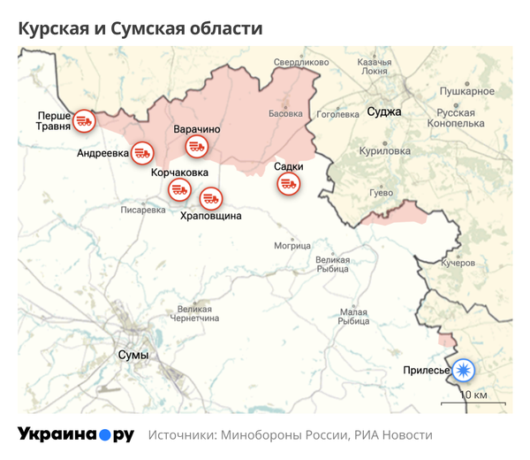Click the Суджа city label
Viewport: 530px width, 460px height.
click(383, 112)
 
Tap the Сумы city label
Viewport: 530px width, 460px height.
click(133, 354)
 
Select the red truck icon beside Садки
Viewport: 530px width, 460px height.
click(288, 184)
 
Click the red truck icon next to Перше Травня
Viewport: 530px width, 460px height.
click(83, 120)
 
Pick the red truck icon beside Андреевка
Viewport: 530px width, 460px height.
click(141, 152)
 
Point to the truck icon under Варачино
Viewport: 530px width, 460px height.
click(195, 147)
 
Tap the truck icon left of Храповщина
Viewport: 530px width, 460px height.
click(210, 198)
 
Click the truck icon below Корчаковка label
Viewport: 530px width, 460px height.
click(180, 189)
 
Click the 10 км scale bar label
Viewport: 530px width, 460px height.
click(474, 394)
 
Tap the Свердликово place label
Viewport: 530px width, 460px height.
click(301, 63)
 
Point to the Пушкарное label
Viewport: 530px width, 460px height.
click(466, 91)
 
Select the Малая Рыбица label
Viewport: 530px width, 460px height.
click(354, 317)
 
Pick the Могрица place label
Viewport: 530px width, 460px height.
click(292, 245)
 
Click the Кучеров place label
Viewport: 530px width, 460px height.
click(458, 263)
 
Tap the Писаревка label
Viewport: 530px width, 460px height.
click(143, 210)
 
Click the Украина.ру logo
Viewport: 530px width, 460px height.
click(76, 434)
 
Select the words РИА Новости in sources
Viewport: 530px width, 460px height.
click(393, 435)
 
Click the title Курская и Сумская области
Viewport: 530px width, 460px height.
click(140, 27)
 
